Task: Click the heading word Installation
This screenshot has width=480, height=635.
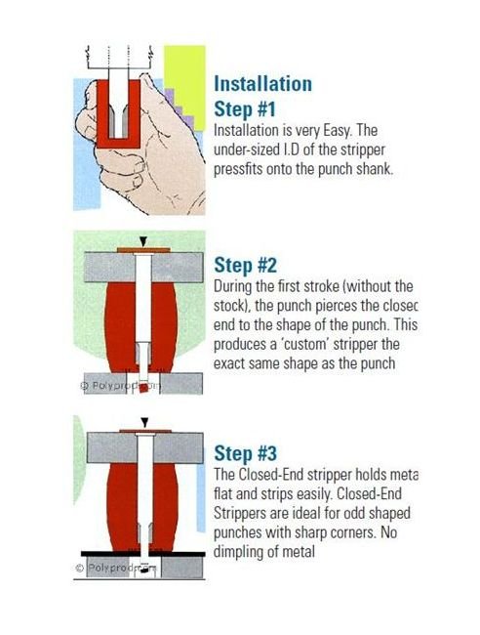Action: (262, 83)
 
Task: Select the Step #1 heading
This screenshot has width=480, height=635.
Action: (246, 107)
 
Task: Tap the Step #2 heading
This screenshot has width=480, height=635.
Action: (246, 266)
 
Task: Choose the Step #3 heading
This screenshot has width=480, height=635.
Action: (246, 454)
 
